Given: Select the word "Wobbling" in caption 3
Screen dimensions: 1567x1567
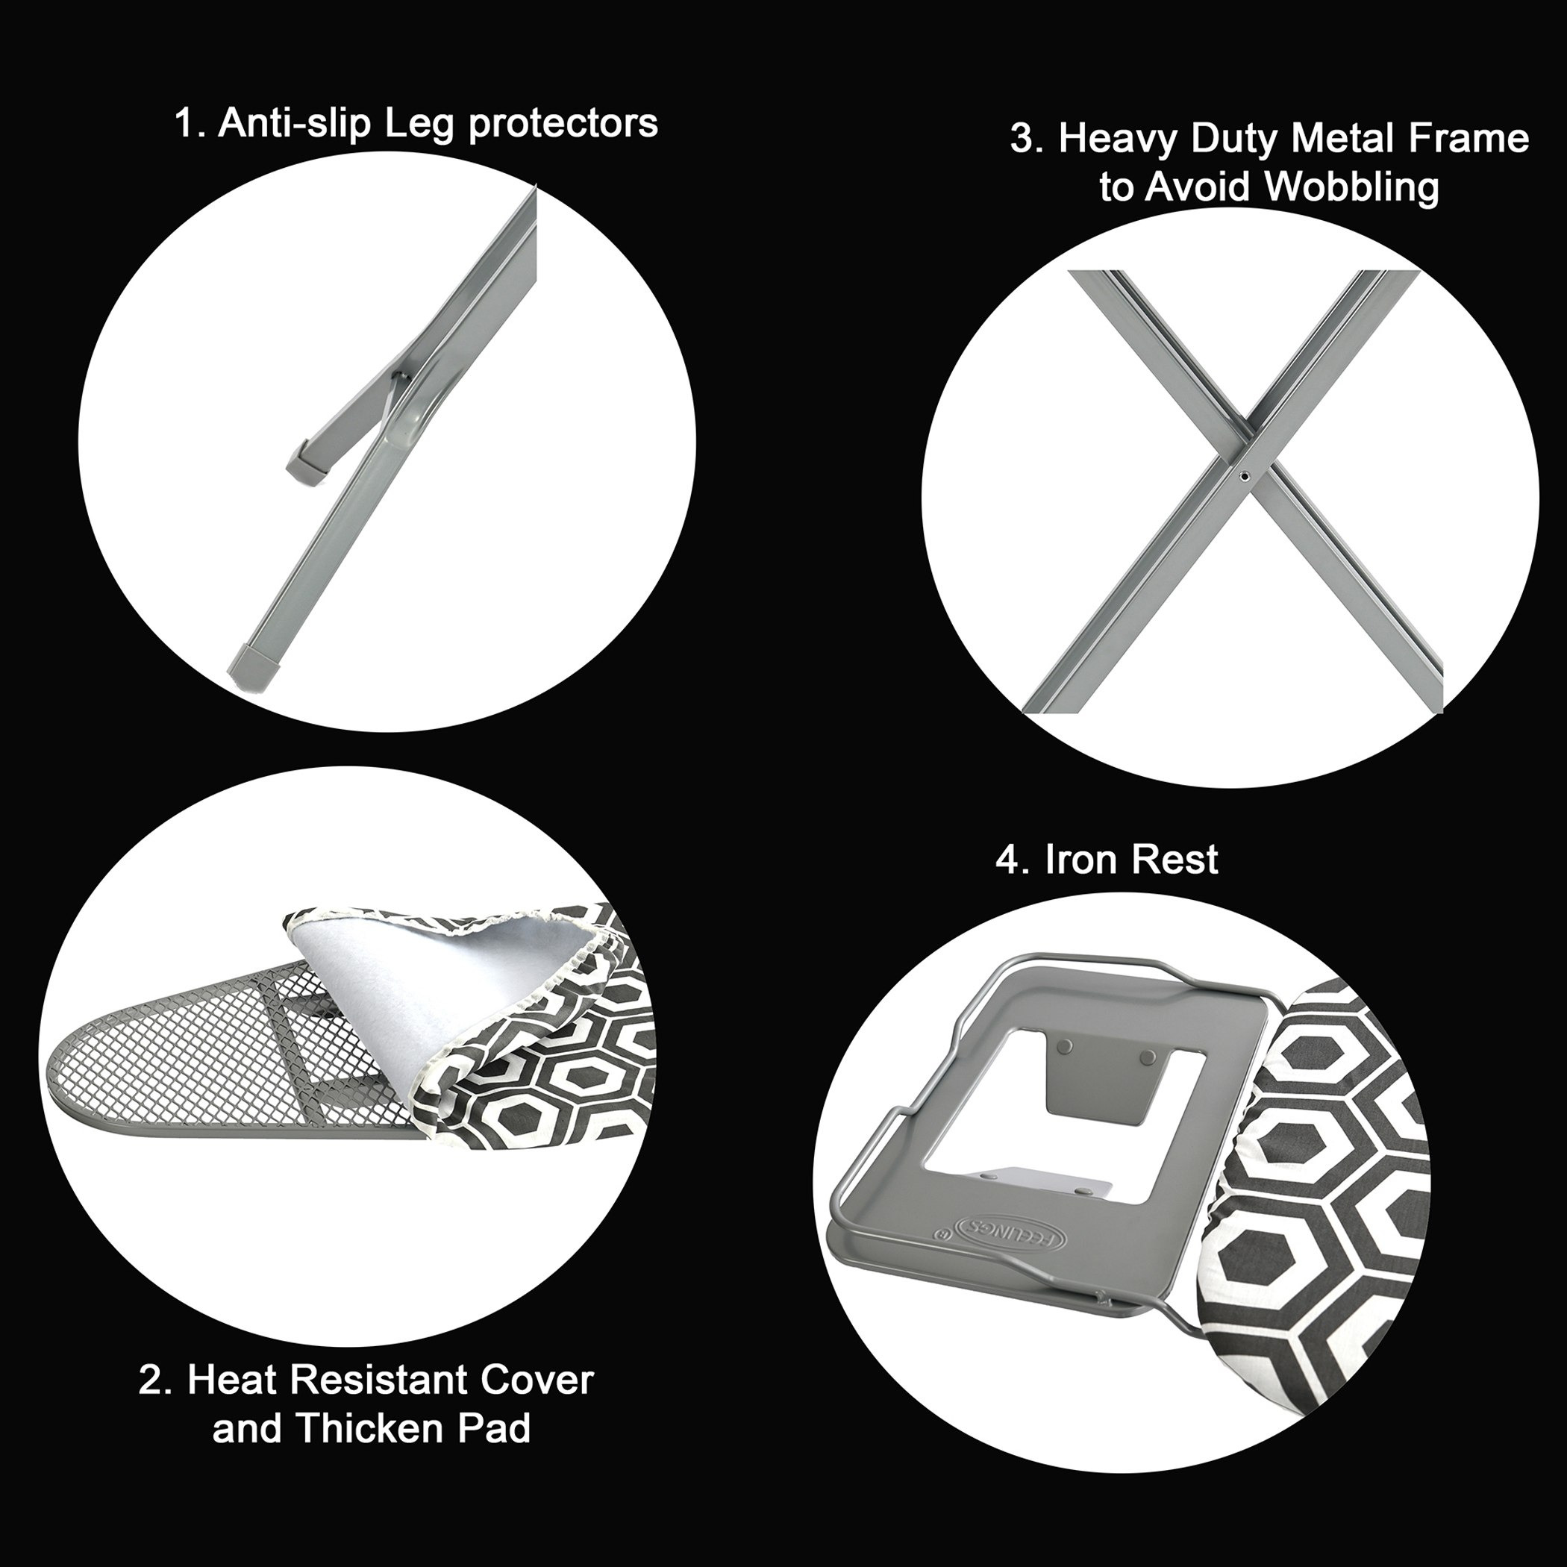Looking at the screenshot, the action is (x=1352, y=188).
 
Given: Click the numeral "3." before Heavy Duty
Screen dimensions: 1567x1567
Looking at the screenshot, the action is (x=1028, y=140).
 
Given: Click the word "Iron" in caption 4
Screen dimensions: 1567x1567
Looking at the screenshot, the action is (x=1083, y=860).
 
